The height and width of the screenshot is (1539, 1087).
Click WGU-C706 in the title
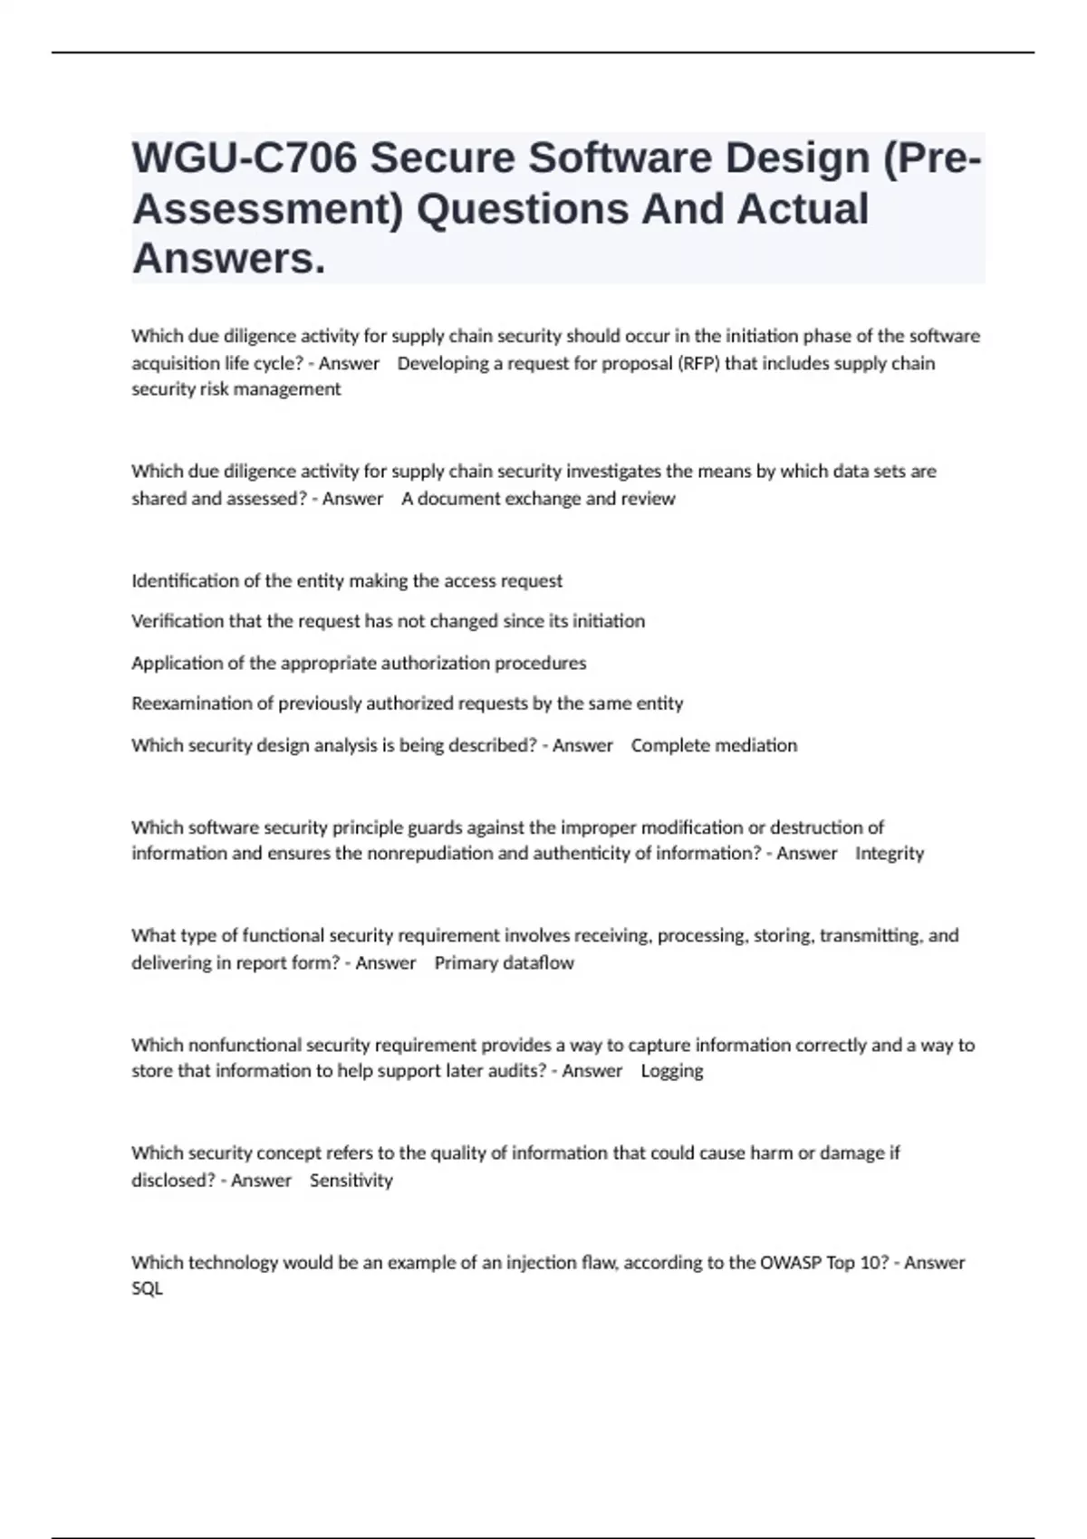[244, 158]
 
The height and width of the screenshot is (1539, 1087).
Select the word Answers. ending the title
[228, 259]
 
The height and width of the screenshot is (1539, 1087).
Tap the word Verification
[178, 622]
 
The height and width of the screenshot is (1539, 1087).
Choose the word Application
[176, 664]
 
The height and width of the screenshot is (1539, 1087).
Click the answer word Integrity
[890, 854]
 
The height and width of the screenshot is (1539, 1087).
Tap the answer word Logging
[671, 1072]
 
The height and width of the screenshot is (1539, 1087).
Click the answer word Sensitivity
[351, 1181]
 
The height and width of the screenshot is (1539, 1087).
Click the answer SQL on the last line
[147, 1289]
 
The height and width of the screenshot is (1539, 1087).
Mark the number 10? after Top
[872, 1263]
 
